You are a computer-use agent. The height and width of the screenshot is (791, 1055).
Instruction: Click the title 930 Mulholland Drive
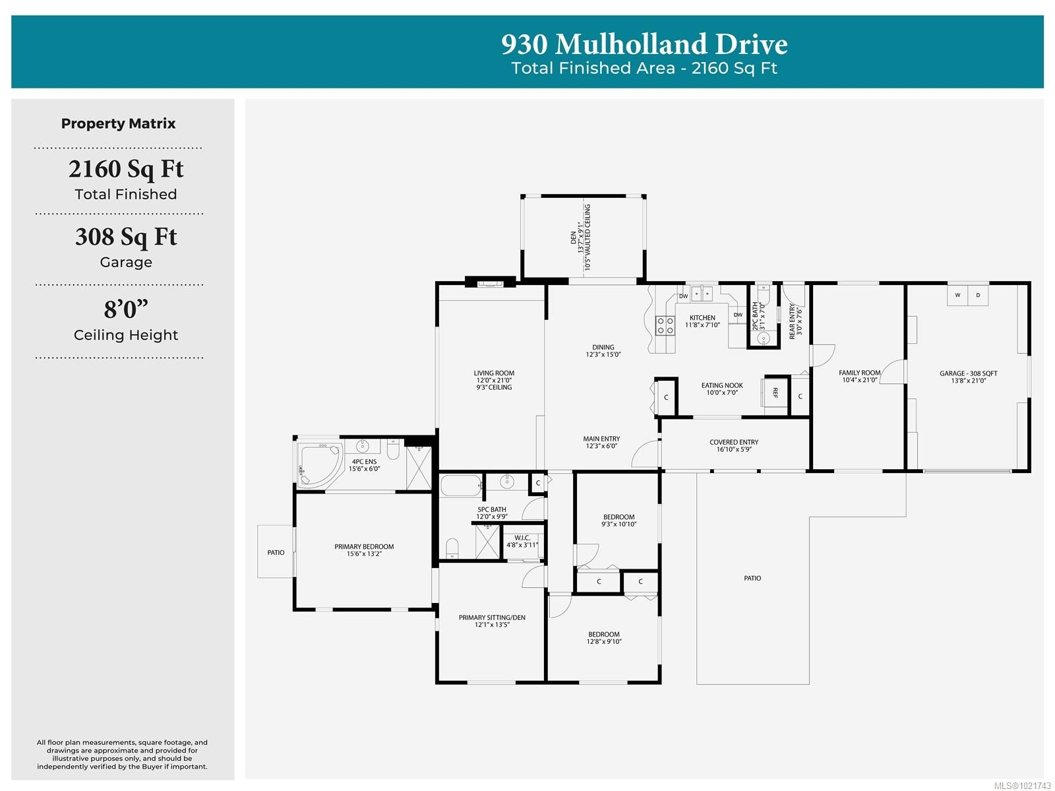tap(644, 44)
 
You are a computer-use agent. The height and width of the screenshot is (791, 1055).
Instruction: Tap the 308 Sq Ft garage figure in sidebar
tap(126, 237)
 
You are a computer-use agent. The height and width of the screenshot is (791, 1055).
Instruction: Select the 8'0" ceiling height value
tap(126, 309)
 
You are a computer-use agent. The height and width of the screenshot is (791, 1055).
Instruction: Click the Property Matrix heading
tap(119, 123)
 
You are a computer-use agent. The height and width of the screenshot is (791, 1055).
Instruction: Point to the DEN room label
tap(573, 237)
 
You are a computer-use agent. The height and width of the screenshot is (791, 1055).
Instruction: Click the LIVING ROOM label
tap(494, 373)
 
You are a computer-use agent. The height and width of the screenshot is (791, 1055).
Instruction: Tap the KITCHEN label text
tap(702, 318)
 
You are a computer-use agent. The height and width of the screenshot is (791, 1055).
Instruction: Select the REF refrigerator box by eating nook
tap(775, 393)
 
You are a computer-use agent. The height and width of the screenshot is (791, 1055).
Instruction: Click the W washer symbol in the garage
tap(957, 295)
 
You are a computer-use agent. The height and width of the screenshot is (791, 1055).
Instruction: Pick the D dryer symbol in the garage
tap(978, 295)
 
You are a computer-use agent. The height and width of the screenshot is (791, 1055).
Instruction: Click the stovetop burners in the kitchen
tap(665, 325)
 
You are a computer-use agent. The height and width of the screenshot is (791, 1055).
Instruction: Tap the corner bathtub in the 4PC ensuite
tap(318, 465)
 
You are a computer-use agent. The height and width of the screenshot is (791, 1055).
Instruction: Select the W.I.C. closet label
tap(522, 538)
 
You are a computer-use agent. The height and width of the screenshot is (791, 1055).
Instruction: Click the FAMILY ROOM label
tap(859, 373)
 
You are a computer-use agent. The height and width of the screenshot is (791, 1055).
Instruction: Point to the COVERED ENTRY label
tap(734, 443)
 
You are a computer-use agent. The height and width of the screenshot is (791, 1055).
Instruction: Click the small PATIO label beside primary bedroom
tap(276, 553)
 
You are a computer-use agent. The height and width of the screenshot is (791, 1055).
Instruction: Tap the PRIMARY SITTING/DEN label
tap(492, 618)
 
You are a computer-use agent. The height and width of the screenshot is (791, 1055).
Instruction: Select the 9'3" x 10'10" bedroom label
tap(618, 521)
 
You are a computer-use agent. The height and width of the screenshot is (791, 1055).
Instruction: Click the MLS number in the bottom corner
tap(1022, 785)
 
